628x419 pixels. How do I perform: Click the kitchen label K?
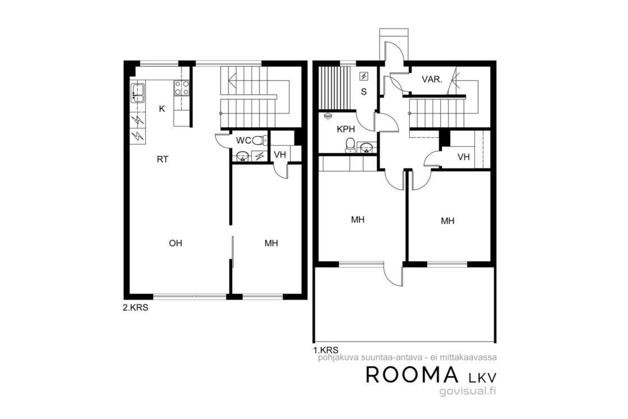click(x=162, y=109)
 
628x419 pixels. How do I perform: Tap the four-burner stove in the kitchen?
click(x=182, y=88)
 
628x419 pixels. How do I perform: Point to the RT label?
click(x=162, y=159)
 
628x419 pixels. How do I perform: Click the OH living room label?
click(x=176, y=243)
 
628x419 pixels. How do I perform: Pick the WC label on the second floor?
click(x=243, y=141)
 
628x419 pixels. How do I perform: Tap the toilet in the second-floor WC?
click(x=259, y=141)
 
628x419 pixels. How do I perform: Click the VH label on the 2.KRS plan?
click(x=280, y=154)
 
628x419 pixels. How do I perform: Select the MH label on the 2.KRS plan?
click(x=271, y=243)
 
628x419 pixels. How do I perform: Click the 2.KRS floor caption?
click(x=135, y=308)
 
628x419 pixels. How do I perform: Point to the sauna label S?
click(x=364, y=92)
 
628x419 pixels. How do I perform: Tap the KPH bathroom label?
click(x=345, y=130)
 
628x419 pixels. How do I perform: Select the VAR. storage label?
click(x=432, y=79)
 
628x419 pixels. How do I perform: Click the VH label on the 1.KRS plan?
click(x=463, y=156)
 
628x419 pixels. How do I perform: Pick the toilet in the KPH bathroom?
click(x=350, y=145)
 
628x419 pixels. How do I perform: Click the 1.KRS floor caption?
click(x=326, y=349)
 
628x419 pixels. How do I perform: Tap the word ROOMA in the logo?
click(x=412, y=375)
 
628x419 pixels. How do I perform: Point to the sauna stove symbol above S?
click(x=364, y=76)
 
